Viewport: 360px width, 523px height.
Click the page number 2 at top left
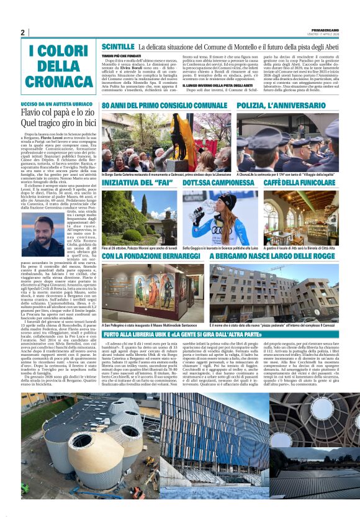[22, 33]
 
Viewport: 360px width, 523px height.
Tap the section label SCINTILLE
[118, 47]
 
